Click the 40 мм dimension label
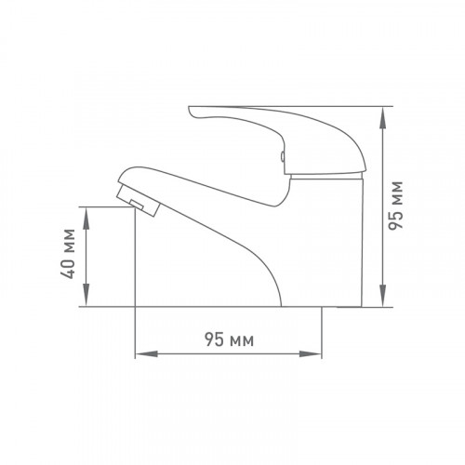pyautogui.click(x=68, y=254)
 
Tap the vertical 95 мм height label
pyautogui.click(x=396, y=206)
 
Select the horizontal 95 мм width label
pyautogui.click(x=229, y=339)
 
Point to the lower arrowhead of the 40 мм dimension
pyautogui.click(x=86, y=295)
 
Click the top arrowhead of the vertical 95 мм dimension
pyautogui.click(x=384, y=118)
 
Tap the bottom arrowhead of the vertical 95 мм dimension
pyautogui.click(x=384, y=295)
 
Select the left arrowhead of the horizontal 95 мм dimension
pyautogui.click(x=147, y=354)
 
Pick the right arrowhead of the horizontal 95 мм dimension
pyautogui.click(x=311, y=354)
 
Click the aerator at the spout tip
pyautogui.click(x=139, y=200)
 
